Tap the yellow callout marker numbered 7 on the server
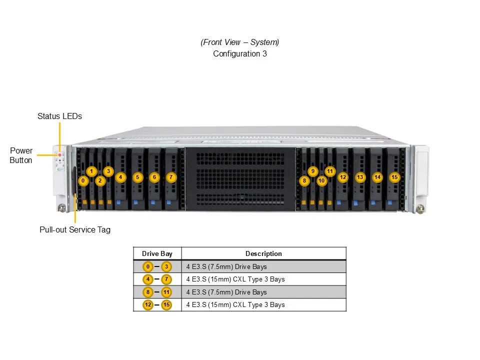171,177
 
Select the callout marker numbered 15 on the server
394,177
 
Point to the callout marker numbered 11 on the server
329,171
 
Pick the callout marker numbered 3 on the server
108,171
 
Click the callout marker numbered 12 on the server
342,177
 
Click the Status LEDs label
59,116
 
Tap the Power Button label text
21,155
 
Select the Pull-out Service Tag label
75,230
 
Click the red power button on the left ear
60,155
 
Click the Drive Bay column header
157,253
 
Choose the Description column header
263,253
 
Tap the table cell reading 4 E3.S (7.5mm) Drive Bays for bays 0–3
226,266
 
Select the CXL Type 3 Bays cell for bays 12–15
235,304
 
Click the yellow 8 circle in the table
148,292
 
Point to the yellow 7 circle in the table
166,279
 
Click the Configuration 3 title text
240,53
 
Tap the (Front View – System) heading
240,42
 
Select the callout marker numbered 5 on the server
137,177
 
